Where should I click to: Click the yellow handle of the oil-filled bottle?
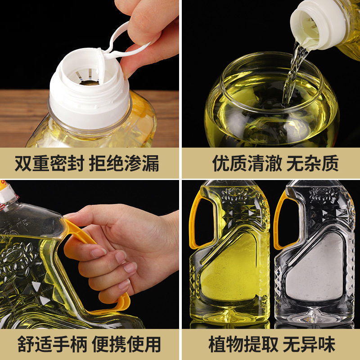(194, 220)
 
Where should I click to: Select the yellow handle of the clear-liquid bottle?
(279, 220)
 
